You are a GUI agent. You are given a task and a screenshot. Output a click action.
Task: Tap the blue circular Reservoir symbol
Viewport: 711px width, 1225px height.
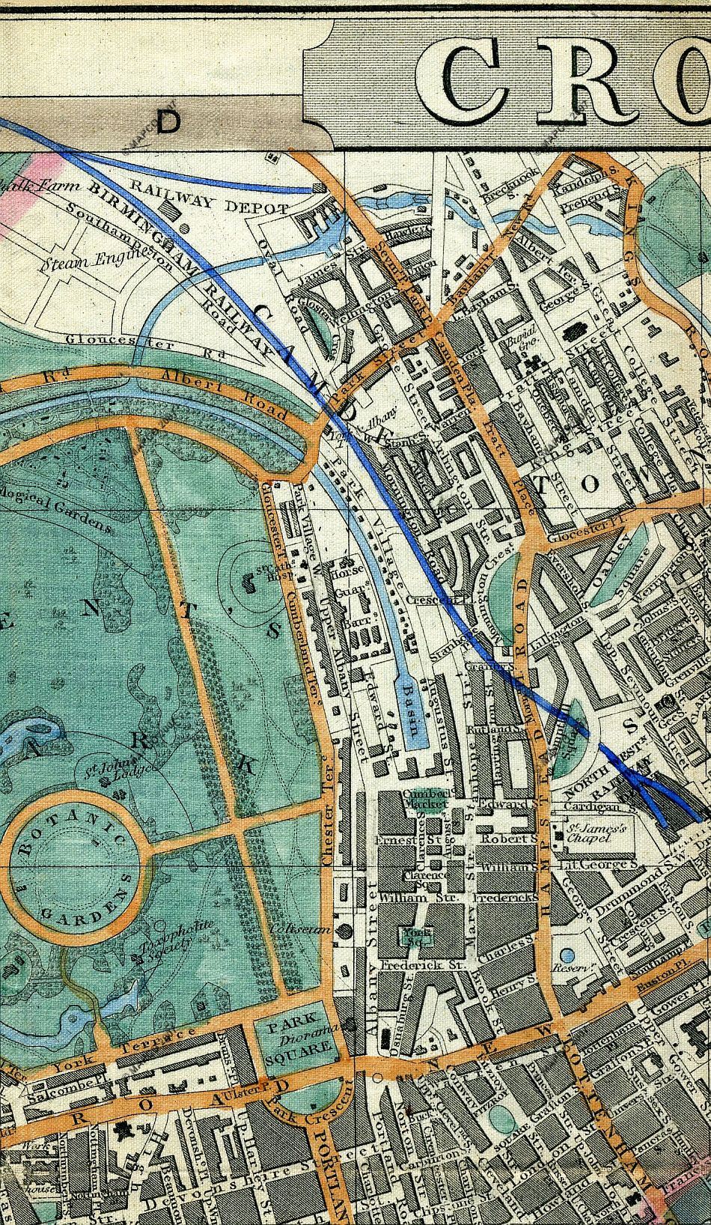click(567, 956)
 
